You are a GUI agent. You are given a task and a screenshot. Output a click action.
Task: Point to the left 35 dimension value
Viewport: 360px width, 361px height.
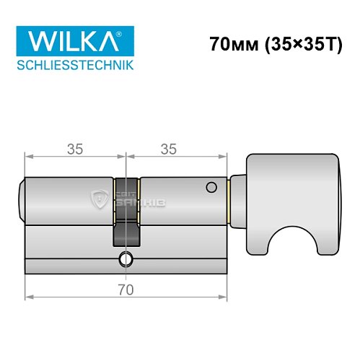(74, 149)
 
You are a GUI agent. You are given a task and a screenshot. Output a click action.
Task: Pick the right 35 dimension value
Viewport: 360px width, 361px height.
(169, 149)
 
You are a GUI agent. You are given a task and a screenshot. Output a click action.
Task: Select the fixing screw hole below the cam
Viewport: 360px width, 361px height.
(127, 260)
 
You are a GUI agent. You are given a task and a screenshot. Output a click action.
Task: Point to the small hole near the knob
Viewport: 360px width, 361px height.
(211, 188)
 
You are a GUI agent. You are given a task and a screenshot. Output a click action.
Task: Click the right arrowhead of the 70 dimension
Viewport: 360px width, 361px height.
(224, 296)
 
